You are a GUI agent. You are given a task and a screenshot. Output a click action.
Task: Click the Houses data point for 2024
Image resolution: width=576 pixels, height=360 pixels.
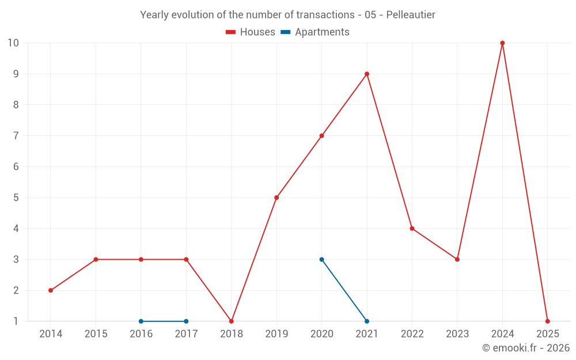502,43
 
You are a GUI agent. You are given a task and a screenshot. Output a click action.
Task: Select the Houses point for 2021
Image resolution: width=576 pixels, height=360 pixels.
367,74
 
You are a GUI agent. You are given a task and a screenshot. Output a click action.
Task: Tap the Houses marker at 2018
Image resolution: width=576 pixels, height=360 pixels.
232,321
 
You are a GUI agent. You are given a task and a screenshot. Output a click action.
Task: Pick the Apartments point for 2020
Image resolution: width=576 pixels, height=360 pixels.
321,259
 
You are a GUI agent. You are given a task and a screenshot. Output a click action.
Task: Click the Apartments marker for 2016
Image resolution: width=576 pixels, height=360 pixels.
141,321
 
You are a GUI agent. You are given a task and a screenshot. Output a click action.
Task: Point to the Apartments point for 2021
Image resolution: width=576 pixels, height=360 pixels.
367,321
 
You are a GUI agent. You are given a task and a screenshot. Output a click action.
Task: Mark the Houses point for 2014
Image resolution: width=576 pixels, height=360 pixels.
51,290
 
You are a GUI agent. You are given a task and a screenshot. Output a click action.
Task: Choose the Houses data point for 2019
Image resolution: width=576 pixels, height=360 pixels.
276,198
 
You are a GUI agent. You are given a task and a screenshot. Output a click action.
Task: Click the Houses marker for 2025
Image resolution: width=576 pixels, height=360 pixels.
547,321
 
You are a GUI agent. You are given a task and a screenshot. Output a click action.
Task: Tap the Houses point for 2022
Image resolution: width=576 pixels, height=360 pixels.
412,228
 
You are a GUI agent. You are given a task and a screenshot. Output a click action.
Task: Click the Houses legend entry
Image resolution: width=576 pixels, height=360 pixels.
251,32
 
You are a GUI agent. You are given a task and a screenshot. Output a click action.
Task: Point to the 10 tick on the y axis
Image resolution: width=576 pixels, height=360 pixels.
13,43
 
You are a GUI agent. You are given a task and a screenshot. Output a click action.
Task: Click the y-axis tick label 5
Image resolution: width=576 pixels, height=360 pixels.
16,198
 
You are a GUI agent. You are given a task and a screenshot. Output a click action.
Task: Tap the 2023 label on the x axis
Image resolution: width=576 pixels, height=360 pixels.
457,334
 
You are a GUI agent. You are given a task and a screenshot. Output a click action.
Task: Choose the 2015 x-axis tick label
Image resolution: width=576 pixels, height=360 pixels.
96,334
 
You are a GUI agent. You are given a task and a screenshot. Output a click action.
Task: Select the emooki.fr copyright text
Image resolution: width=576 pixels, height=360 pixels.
526,348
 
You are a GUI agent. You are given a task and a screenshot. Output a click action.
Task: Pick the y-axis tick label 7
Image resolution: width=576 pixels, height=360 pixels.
16,136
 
